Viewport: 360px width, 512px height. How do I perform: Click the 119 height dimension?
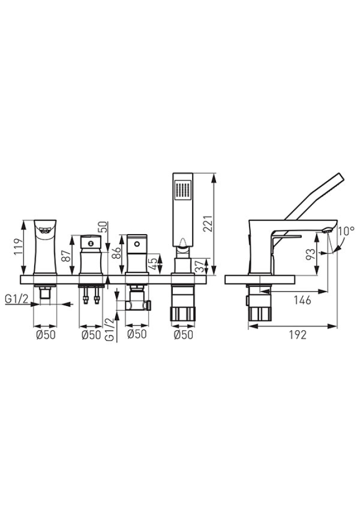(19, 247)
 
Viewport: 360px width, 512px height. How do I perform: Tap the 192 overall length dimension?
(297, 335)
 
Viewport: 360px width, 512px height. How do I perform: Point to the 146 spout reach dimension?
(302, 300)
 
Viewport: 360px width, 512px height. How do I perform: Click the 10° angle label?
(346, 231)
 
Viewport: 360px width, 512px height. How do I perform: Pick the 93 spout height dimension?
(311, 254)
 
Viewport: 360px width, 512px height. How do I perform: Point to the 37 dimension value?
(199, 267)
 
